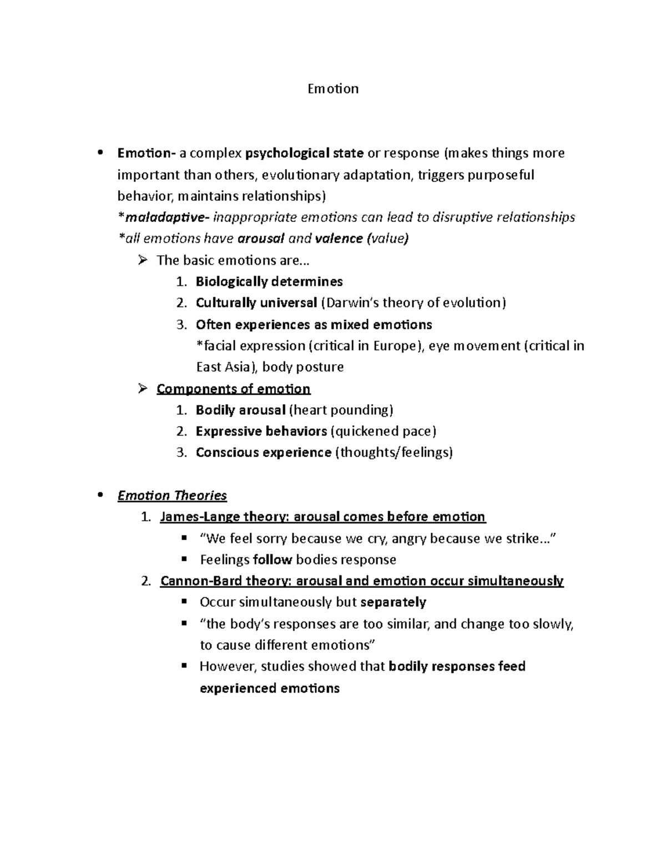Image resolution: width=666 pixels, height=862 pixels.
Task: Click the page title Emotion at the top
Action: click(333, 89)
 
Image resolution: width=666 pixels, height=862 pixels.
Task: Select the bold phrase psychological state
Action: click(305, 153)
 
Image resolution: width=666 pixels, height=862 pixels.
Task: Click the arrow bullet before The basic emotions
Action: click(143, 260)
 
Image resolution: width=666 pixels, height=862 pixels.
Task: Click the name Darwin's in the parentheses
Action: click(349, 303)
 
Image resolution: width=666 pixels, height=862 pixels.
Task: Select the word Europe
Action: click(395, 346)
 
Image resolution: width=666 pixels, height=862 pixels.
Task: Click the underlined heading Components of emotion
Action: click(233, 389)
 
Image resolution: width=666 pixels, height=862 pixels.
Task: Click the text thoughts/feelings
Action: click(393, 452)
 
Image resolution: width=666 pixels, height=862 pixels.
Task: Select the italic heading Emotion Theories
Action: click(172, 495)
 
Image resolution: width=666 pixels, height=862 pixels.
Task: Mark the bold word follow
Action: click(272, 559)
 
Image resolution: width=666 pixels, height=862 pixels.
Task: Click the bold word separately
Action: click(393, 602)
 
